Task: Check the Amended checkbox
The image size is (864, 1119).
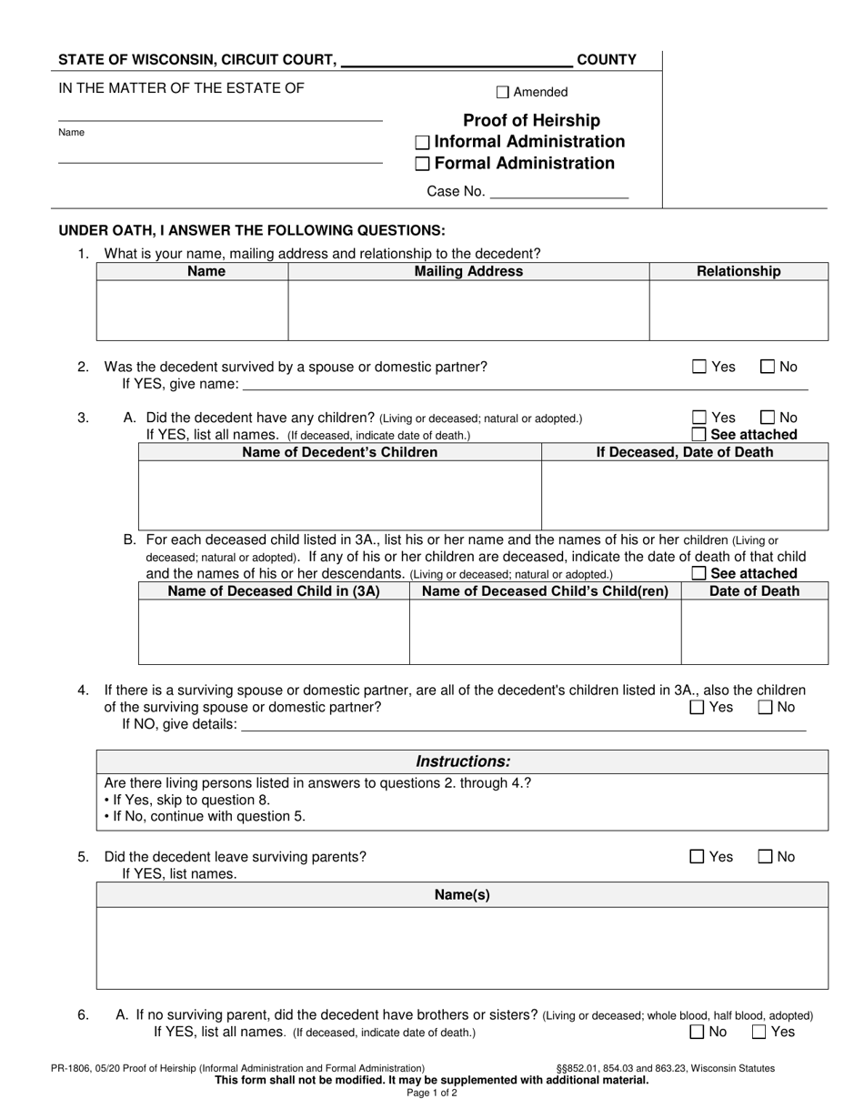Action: coord(503,92)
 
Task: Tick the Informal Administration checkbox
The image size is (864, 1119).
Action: coord(422,143)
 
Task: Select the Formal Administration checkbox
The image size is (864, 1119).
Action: coord(422,165)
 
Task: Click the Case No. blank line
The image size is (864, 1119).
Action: coord(558,192)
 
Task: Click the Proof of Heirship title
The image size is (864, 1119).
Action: coord(531,120)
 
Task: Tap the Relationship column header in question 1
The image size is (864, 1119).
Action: coord(738,271)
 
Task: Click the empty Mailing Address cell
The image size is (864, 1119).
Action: coord(468,310)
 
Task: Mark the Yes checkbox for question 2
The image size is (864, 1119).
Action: coord(699,367)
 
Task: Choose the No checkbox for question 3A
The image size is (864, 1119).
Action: coord(767,418)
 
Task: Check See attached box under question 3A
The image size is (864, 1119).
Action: coord(699,434)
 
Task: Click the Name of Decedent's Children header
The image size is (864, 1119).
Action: coord(339,452)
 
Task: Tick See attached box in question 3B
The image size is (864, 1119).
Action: coord(699,573)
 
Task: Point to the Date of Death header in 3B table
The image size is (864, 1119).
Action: coord(754,591)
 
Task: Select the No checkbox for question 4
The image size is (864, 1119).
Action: coord(765,707)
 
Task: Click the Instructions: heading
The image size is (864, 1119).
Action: coord(462,761)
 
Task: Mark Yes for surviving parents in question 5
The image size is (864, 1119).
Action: coord(698,856)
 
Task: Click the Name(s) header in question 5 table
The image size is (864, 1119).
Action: coord(462,894)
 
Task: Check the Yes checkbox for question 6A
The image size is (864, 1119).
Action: coord(759,1032)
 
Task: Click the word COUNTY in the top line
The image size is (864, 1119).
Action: coord(607,60)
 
